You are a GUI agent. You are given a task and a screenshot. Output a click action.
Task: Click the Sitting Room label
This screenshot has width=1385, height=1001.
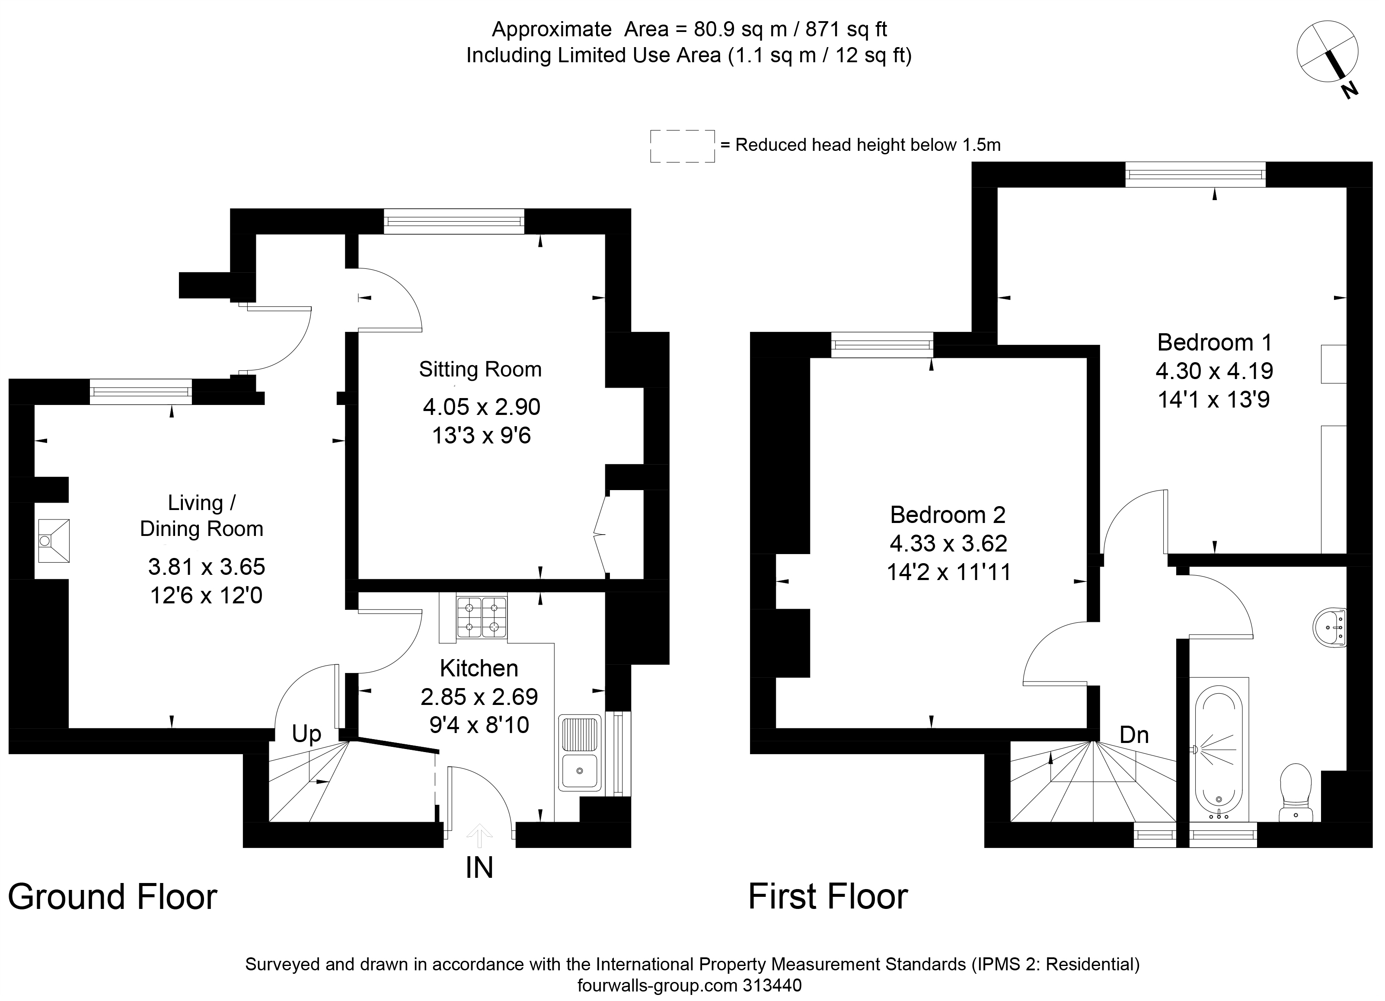[x=480, y=370]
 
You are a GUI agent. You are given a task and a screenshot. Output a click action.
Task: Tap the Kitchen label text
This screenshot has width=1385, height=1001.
[x=479, y=668]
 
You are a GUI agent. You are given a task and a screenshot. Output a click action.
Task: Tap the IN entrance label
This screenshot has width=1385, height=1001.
[x=479, y=868]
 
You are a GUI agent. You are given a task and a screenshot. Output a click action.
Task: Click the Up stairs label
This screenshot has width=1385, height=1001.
[x=306, y=734]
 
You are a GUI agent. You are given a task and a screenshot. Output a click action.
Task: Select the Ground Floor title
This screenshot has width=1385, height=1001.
[x=112, y=897]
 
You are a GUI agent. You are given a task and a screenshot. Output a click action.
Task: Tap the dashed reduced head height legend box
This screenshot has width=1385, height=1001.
[x=682, y=146]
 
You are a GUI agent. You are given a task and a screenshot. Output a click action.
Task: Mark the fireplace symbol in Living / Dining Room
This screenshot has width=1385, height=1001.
[x=54, y=541]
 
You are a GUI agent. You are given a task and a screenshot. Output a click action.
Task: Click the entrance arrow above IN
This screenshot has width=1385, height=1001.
[x=479, y=835]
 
